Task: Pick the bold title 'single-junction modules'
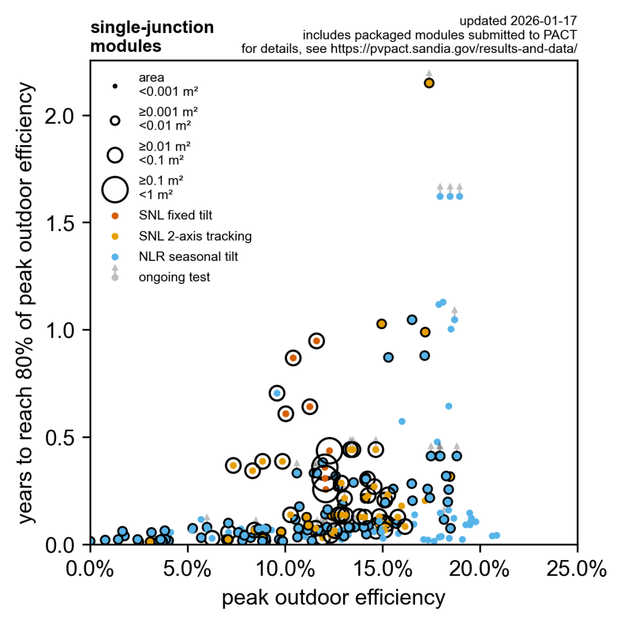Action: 152,37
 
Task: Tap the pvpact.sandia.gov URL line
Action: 409,49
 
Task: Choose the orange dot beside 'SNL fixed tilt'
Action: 115,215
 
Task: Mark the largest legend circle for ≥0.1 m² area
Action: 115,189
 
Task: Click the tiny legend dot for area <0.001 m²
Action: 115,86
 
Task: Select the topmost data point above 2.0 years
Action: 429,83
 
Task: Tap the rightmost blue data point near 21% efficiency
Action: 497,535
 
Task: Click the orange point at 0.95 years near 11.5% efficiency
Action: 316,341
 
